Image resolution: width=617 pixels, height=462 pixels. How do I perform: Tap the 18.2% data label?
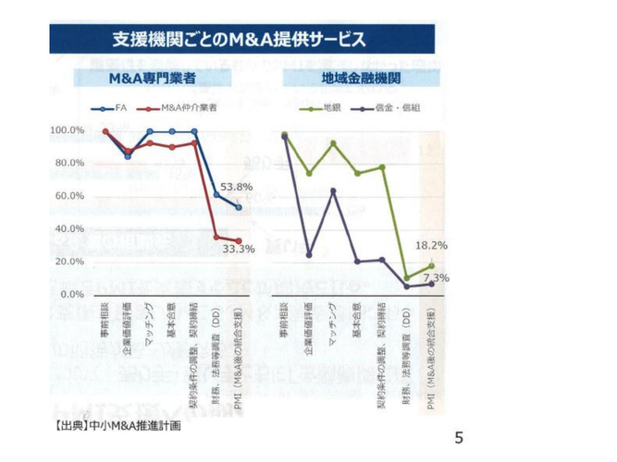tap(430, 245)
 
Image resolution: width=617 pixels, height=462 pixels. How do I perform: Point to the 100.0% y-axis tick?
tap(68, 130)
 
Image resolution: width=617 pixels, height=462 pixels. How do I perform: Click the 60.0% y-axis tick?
tap(70, 196)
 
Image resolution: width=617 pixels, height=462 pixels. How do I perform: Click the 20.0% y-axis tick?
tap(70, 261)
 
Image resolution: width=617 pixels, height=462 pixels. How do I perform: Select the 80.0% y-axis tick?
tap(70, 164)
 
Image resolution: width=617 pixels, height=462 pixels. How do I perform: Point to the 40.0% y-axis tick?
tap(70, 228)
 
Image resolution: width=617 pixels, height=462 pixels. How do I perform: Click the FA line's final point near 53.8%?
tap(239, 207)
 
